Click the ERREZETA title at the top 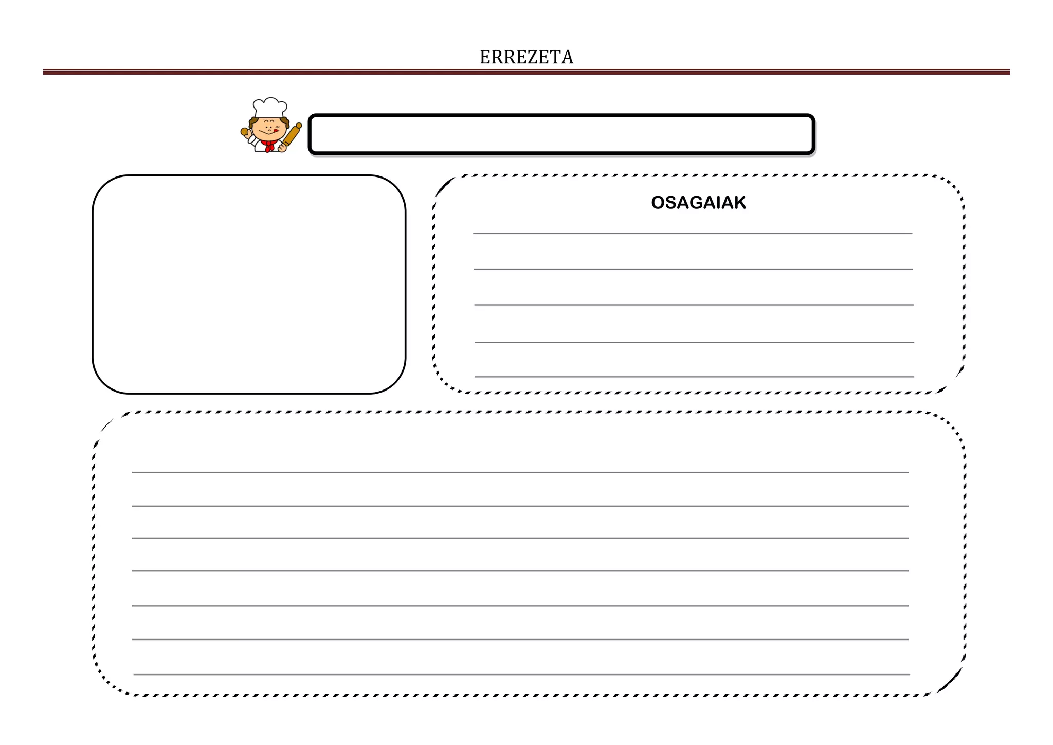click(526, 57)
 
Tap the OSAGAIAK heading click(698, 203)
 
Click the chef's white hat click(269, 107)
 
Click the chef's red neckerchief click(268, 146)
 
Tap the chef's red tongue click(276, 131)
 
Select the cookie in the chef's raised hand click(245, 132)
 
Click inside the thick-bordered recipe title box click(561, 134)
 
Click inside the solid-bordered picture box click(249, 284)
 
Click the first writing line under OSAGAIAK click(692, 234)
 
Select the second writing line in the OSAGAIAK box click(693, 269)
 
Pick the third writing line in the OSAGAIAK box click(693, 305)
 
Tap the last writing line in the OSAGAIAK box click(694, 377)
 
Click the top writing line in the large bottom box click(520, 472)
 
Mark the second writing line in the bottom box click(520, 506)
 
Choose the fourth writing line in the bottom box click(520, 571)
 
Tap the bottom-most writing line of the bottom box click(521, 675)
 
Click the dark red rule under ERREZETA click(526, 73)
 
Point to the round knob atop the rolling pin click(299, 126)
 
